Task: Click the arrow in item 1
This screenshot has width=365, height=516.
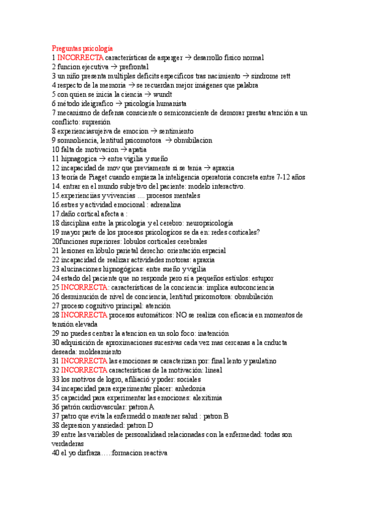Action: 187,57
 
